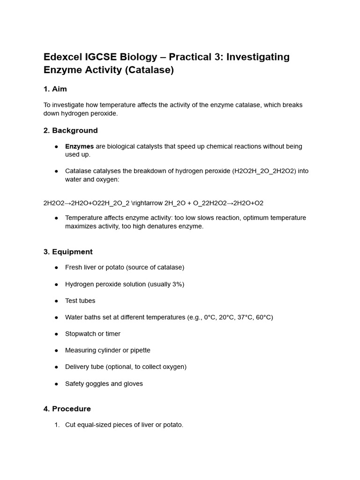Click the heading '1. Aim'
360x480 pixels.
pos(55,89)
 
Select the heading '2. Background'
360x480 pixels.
pos(70,130)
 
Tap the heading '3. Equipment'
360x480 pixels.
pos(68,252)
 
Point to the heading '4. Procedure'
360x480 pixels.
pos(67,409)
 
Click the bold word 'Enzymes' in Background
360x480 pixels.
pos(79,146)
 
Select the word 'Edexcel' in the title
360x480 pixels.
pos(62,57)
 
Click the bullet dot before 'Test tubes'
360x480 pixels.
pos(56,301)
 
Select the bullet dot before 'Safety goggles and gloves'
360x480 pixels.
pos(56,384)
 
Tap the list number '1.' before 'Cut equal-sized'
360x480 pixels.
pos(57,425)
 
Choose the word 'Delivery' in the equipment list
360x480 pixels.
pos(78,367)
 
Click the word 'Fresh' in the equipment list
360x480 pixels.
pos(74,267)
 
